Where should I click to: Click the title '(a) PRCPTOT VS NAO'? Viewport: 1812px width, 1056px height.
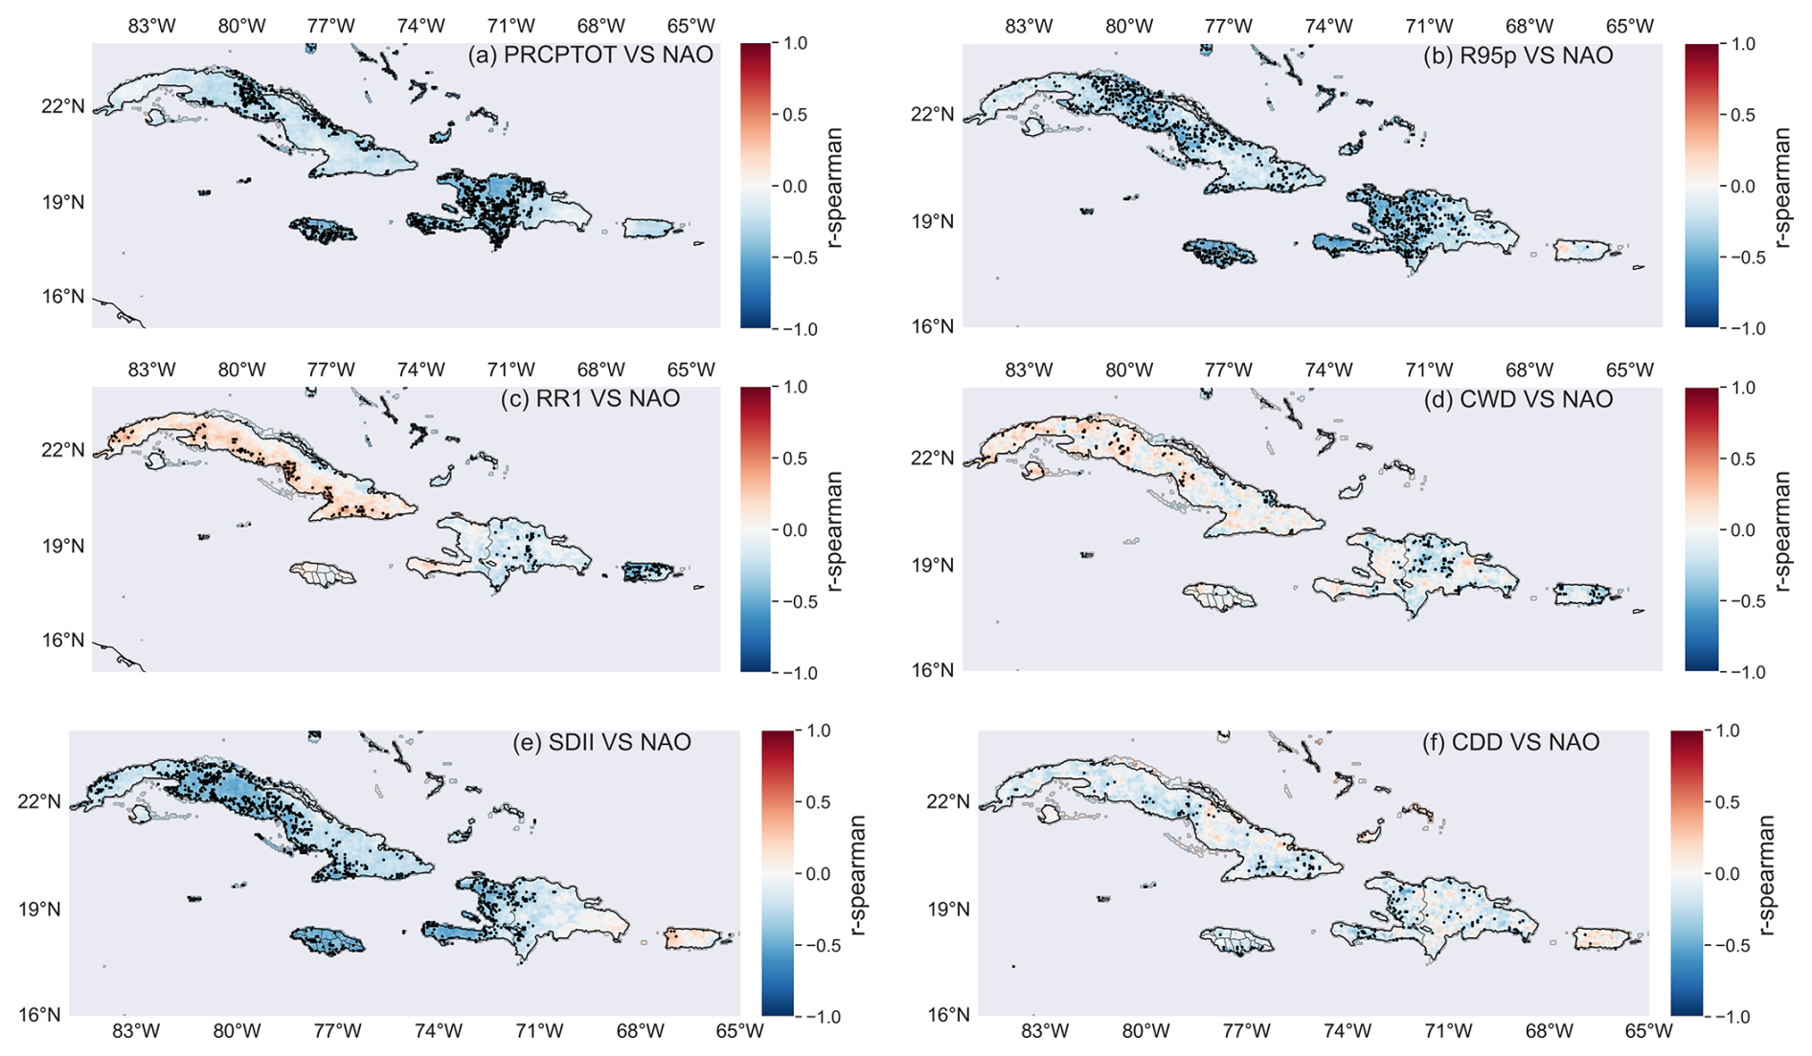[590, 55]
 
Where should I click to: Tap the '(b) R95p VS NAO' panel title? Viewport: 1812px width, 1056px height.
[1518, 56]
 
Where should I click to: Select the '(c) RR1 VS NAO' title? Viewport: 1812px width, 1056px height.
[590, 398]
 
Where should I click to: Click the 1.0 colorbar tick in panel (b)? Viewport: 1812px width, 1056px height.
[1742, 43]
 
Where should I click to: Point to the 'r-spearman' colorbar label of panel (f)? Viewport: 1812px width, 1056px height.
[1768, 873]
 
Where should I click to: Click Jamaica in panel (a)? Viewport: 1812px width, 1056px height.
[323, 230]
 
